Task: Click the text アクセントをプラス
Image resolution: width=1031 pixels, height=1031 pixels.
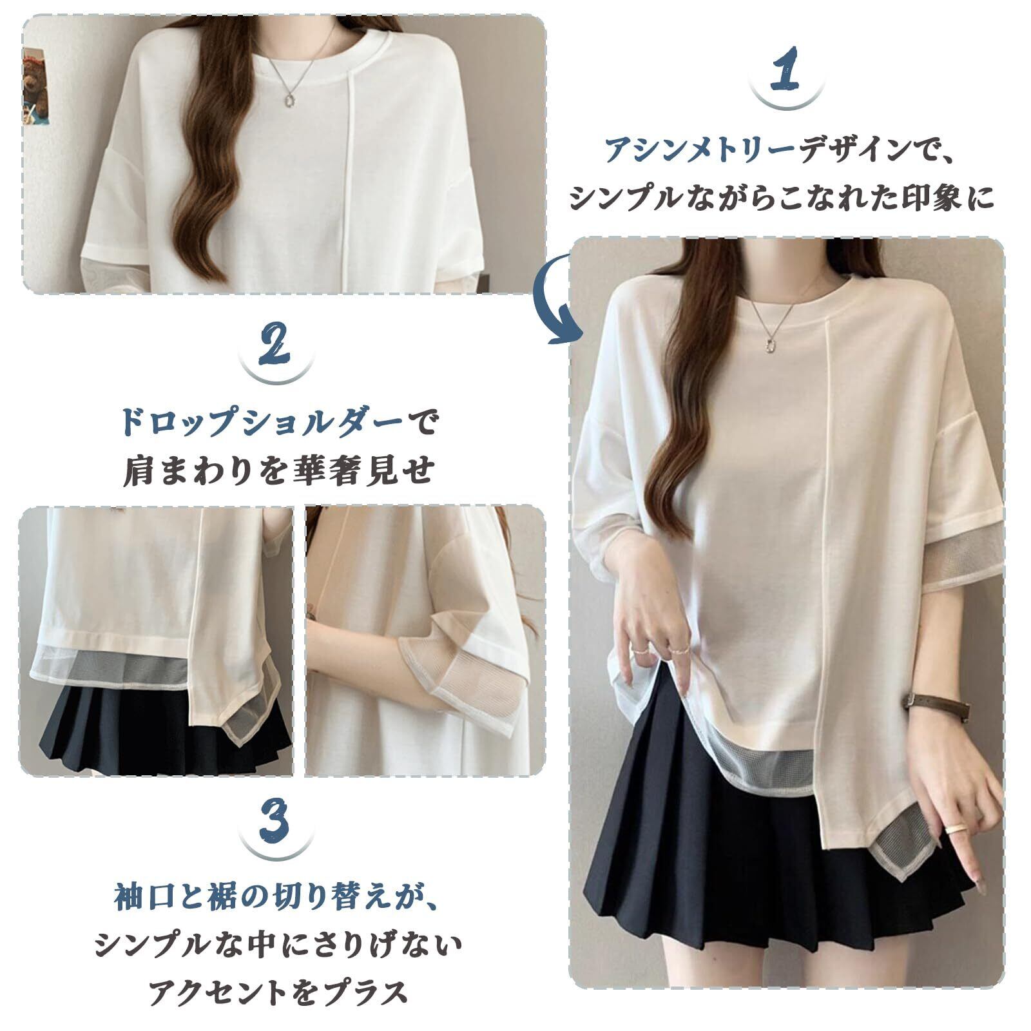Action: click(278, 993)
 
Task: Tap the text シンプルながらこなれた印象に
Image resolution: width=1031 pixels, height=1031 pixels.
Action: click(782, 198)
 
